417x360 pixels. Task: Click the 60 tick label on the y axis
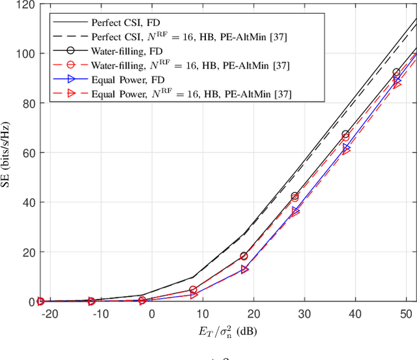click(x=28, y=153)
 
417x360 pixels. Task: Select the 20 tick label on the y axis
click(x=28, y=252)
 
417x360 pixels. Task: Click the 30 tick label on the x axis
click(x=304, y=314)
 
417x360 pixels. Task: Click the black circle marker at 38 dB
click(x=345, y=135)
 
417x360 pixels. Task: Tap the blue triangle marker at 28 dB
click(x=295, y=211)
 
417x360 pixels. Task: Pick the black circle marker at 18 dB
click(x=244, y=256)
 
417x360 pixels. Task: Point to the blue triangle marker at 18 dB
click(x=244, y=269)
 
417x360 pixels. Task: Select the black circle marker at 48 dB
click(x=396, y=73)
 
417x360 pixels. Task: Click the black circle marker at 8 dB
click(x=193, y=290)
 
